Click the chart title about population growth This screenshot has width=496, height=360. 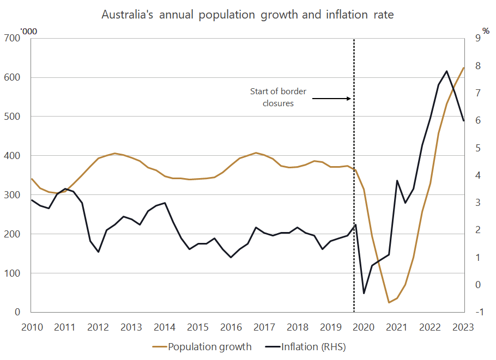pyautogui.click(x=247, y=15)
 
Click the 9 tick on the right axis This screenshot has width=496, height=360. pyautogui.click(x=478, y=38)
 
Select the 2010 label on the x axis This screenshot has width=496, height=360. pyautogui.click(x=31, y=327)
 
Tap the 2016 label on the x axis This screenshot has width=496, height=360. pyautogui.click(x=231, y=327)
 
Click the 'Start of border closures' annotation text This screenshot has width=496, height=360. pyautogui.click(x=278, y=97)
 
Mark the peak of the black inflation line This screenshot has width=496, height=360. pyautogui.click(x=447, y=71)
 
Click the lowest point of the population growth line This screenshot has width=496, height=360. pyautogui.click(x=389, y=302)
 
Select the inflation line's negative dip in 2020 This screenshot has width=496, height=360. pyautogui.click(x=364, y=294)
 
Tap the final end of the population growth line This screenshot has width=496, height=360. pyautogui.click(x=464, y=68)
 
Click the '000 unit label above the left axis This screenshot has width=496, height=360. pyautogui.click(x=29, y=31)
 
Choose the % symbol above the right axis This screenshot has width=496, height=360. pyautogui.click(x=486, y=30)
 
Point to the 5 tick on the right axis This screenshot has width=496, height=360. pyautogui.click(x=478, y=148)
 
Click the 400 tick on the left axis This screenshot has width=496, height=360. pyautogui.click(x=13, y=156)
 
